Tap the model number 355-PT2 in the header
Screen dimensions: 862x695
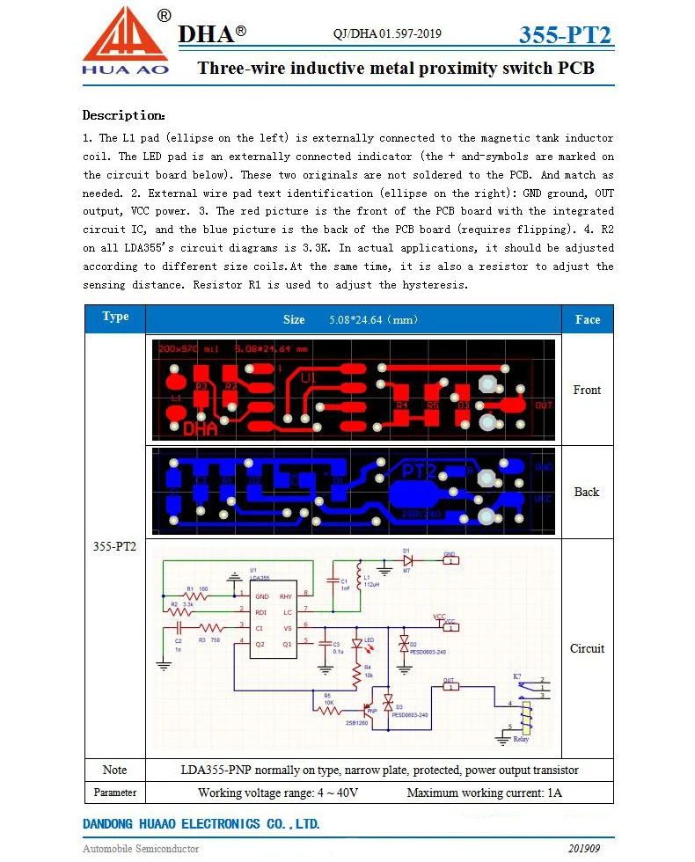[565, 35]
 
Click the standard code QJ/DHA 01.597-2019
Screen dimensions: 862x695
[387, 34]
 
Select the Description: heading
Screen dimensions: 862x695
[123, 115]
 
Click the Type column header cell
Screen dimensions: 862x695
[115, 318]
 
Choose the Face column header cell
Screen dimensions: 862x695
[587, 319]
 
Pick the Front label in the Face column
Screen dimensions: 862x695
[587, 390]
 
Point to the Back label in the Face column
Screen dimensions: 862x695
[587, 492]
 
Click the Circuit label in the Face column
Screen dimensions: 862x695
[587, 648]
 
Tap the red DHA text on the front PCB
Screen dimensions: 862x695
[200, 429]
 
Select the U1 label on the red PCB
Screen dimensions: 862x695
[307, 377]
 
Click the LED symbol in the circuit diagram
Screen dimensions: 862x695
[357, 646]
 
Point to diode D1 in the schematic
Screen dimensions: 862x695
[407, 559]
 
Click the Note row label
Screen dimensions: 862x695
[115, 770]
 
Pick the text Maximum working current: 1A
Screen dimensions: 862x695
[484, 793]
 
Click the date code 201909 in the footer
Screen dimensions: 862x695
[584, 849]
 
